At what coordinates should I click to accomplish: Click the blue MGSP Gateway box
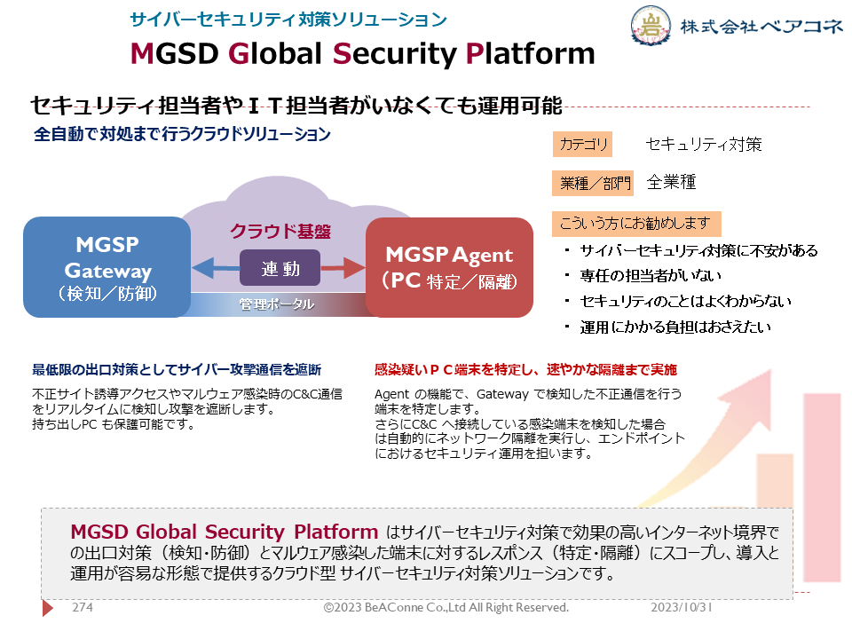(107, 267)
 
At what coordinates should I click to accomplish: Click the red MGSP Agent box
(449, 267)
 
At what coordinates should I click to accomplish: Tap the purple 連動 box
(280, 268)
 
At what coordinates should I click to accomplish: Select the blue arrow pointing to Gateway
(216, 268)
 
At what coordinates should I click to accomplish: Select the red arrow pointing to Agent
(343, 268)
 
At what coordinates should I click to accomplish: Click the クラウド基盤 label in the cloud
(280, 232)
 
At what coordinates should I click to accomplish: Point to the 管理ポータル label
(277, 304)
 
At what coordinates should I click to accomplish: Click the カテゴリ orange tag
(582, 145)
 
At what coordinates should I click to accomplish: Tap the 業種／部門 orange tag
(594, 183)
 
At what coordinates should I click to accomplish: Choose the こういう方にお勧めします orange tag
(636, 224)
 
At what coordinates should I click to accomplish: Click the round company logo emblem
(651, 25)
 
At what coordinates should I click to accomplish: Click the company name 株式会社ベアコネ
(761, 26)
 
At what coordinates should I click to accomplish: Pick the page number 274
(83, 607)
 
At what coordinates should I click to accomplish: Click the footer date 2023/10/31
(682, 607)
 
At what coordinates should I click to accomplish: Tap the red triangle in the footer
(48, 607)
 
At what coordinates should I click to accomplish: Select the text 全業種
(672, 182)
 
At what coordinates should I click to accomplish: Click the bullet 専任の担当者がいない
(651, 276)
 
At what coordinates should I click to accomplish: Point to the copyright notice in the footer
(446, 607)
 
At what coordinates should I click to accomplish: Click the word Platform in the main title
(531, 54)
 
